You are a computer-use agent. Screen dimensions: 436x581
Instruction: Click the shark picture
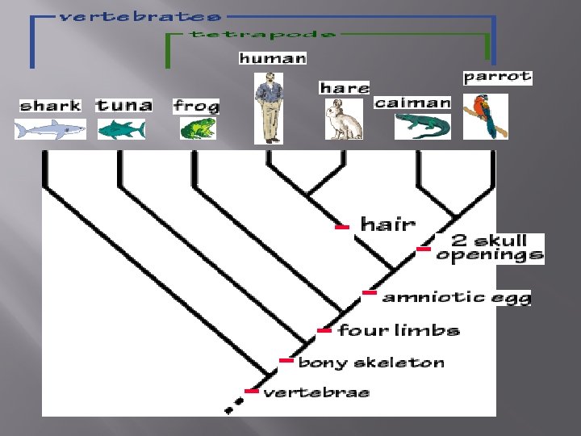[50, 128]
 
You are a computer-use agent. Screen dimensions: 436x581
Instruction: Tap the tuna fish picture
[122, 128]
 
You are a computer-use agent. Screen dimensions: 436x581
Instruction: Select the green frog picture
[197, 128]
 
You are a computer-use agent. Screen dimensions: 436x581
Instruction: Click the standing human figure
[269, 107]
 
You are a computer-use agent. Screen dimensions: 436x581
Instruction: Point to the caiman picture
[422, 126]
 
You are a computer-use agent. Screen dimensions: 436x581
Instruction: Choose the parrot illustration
[487, 115]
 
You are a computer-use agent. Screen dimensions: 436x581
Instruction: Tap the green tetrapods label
[262, 34]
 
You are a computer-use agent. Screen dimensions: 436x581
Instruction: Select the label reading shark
[50, 105]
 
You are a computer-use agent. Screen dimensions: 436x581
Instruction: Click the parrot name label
[497, 77]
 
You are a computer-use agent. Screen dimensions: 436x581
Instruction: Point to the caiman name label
[412, 103]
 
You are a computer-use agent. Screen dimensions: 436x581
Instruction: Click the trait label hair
[388, 224]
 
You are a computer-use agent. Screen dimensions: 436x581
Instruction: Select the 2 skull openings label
[490, 247]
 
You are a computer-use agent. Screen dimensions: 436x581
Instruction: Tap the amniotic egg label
[457, 297]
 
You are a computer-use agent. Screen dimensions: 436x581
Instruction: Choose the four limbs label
[399, 330]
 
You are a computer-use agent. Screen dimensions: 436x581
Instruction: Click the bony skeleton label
[371, 363]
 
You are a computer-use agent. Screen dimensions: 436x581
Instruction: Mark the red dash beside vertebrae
[252, 392]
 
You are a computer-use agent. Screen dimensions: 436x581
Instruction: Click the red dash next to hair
[341, 228]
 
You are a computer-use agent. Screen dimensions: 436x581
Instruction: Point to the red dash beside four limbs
[324, 330]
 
